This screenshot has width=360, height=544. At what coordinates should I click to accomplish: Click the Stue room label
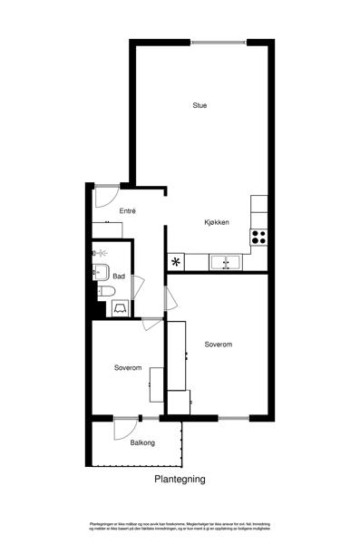(x=199, y=106)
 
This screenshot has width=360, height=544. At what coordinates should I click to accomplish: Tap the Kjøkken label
(x=216, y=223)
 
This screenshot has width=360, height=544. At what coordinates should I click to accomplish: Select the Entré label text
(x=127, y=211)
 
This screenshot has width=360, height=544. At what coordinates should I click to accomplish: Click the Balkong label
(x=142, y=443)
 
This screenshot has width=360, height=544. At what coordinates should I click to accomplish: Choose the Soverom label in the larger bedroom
(x=219, y=345)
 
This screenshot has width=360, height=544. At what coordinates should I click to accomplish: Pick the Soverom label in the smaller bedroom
(x=128, y=368)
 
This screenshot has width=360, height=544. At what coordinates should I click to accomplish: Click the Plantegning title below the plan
(x=180, y=480)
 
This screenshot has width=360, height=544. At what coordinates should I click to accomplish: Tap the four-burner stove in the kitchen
(x=258, y=238)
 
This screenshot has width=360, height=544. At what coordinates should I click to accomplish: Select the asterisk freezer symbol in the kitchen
(x=176, y=263)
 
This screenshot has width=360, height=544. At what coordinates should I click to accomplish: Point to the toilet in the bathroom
(x=106, y=290)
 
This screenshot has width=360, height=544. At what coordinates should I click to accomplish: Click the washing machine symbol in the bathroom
(x=121, y=308)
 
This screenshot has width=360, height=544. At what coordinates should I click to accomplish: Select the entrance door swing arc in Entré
(x=104, y=194)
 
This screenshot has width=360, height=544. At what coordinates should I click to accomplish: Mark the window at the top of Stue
(x=217, y=41)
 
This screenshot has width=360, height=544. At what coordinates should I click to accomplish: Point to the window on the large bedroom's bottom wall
(x=232, y=418)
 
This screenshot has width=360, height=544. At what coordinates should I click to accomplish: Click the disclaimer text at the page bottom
(x=180, y=527)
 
